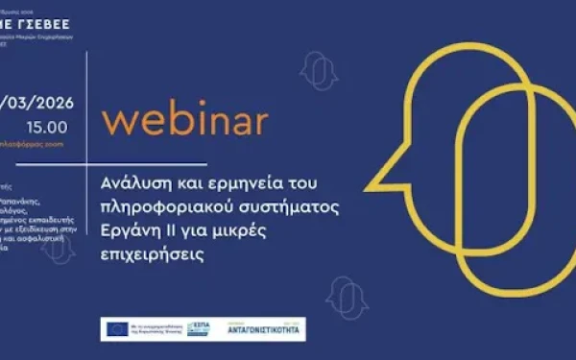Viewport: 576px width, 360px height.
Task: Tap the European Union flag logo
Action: [115, 326]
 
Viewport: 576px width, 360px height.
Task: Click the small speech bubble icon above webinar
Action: [316, 69]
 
